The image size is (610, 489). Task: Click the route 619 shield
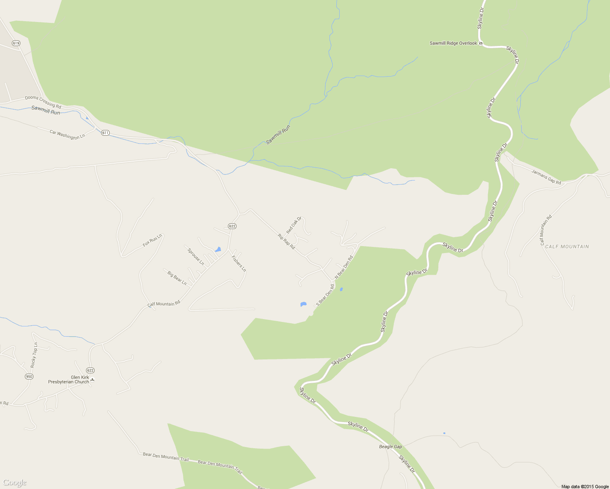[x=16, y=43]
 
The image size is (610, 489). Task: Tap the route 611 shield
[x=105, y=133]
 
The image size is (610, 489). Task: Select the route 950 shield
[x=29, y=376]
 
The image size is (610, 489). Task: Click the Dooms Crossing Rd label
[x=43, y=102]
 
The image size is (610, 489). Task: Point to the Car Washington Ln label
[x=67, y=135]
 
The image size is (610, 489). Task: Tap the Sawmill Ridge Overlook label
[x=453, y=43]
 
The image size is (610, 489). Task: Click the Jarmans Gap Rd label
[x=546, y=177]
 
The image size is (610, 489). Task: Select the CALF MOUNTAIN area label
[x=567, y=247]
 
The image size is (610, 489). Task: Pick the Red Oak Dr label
[x=294, y=225]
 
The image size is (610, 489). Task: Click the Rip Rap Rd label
[x=286, y=241]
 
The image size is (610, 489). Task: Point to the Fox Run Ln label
[x=152, y=240]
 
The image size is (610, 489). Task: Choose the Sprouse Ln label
[x=196, y=257]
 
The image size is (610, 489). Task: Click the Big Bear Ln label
[x=177, y=278]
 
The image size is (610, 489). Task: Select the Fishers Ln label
[x=239, y=263]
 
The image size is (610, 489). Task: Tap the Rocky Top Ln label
[x=34, y=355]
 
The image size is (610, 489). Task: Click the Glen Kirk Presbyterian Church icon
[x=93, y=380]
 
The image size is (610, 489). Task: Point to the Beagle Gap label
[x=390, y=447]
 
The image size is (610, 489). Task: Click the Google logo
[x=14, y=482]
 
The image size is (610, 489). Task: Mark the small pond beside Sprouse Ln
[x=218, y=249]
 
